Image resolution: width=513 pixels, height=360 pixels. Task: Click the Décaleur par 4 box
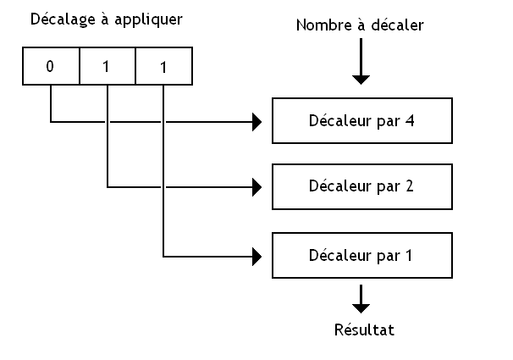click(361, 120)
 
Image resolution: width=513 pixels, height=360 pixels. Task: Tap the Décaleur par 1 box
click(361, 255)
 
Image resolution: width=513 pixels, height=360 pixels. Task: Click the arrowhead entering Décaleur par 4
click(256, 122)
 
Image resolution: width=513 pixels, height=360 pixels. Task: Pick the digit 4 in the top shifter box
click(409, 120)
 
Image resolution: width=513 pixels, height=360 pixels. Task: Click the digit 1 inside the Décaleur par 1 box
click(409, 255)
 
